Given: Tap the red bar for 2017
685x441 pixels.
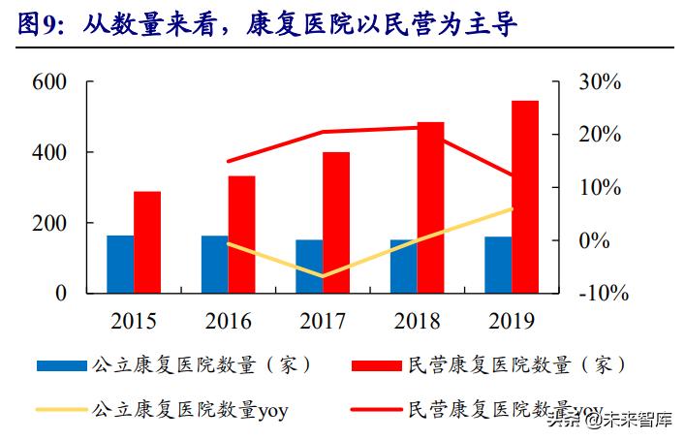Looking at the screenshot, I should tap(336, 222).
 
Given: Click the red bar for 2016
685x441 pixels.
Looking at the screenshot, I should tap(242, 234).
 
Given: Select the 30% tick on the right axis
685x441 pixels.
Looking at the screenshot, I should tap(600, 82).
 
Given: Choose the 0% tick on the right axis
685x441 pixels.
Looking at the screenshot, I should tap(594, 239).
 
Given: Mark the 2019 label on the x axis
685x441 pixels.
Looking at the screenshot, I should tap(512, 321).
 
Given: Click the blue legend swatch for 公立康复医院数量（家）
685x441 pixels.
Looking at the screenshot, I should tap(62, 365).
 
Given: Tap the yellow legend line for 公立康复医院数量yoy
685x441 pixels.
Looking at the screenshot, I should tap(62, 409).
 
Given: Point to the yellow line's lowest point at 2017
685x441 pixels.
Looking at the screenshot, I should tap(323, 276).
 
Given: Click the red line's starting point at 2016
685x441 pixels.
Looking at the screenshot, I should tap(229, 161).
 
